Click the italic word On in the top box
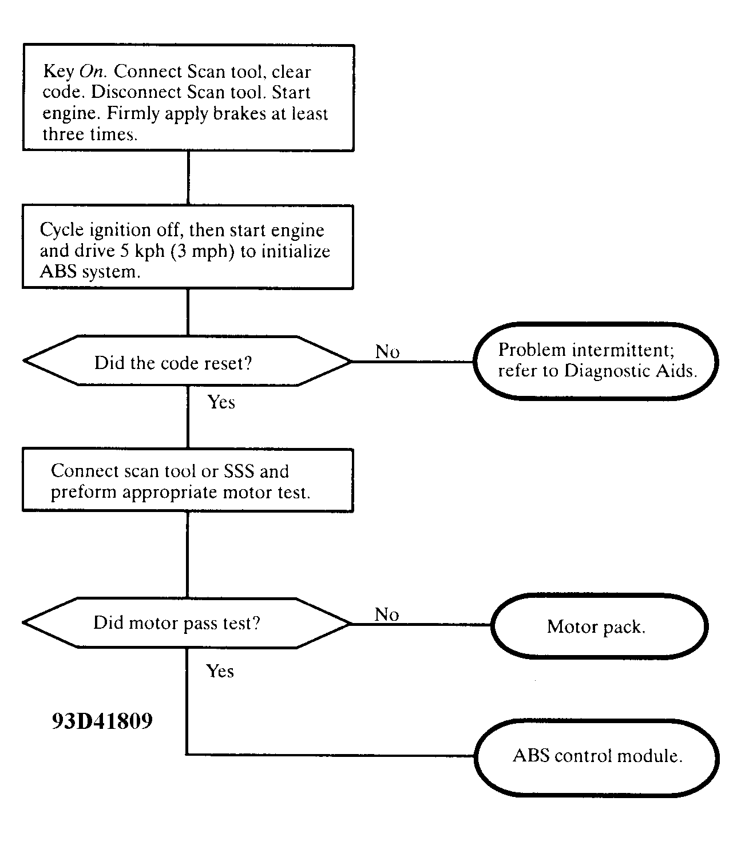tap(92, 72)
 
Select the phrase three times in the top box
tap(90, 134)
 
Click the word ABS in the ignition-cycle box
tap(58, 272)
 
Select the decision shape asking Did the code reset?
tap(187, 361)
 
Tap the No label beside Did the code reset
tap(387, 352)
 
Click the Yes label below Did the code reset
tap(221, 402)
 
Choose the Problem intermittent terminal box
tap(596, 361)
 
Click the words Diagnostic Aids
tap(630, 371)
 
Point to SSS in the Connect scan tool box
tap(239, 471)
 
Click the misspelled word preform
tap(84, 493)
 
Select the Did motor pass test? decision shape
tap(187, 622)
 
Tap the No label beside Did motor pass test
tap(386, 614)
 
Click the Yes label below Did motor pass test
tap(220, 671)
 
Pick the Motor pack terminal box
tap(600, 626)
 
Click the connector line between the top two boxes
tap(188, 178)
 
